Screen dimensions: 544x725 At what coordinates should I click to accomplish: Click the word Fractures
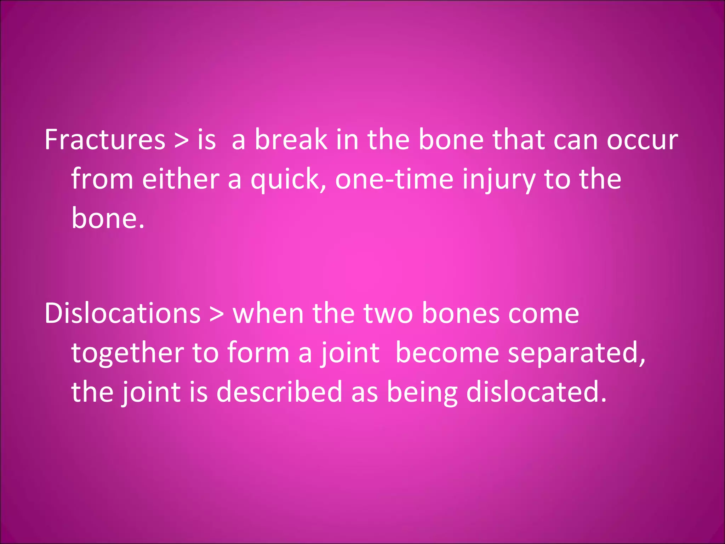(105, 140)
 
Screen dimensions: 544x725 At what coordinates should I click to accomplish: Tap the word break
(291, 140)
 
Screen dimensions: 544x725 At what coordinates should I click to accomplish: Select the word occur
(642, 140)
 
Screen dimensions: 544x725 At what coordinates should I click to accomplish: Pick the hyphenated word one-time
(394, 179)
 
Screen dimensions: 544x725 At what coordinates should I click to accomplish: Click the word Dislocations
(122, 313)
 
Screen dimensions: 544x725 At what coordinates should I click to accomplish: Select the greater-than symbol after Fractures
(182, 140)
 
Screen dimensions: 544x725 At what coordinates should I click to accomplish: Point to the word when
(268, 313)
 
